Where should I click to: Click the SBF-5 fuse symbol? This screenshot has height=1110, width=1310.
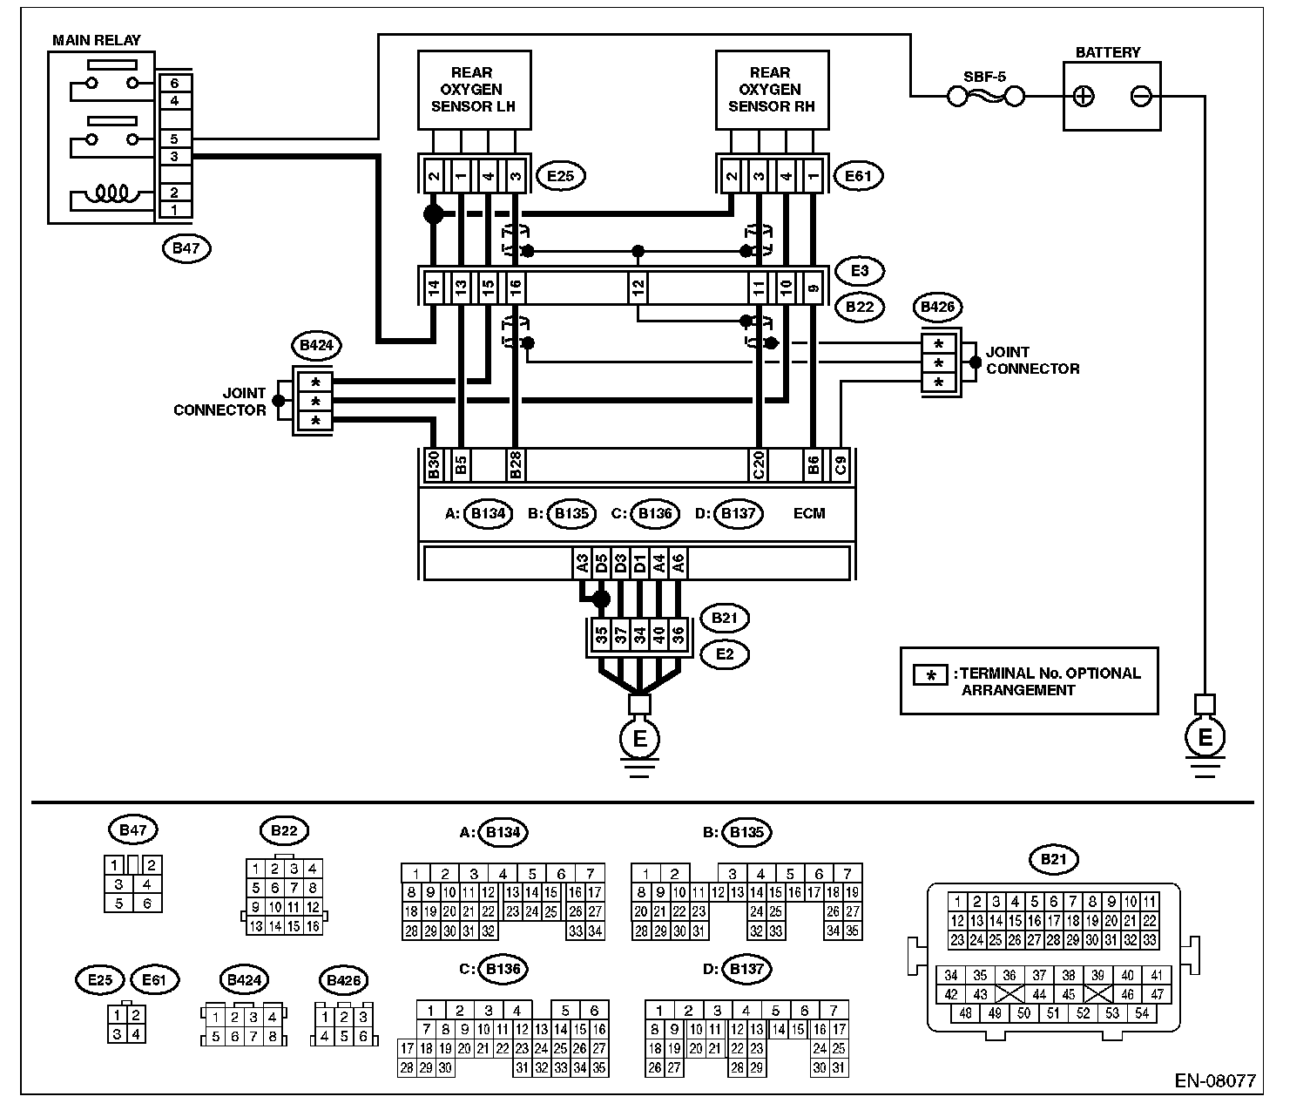pyautogui.click(x=985, y=97)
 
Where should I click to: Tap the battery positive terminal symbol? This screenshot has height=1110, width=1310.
pyautogui.click(x=1083, y=96)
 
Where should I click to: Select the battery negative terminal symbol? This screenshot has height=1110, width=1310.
pyautogui.click(x=1141, y=96)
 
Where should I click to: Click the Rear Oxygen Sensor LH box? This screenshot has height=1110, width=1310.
pyautogui.click(x=473, y=90)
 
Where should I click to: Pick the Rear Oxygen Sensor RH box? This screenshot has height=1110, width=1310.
pyautogui.click(x=770, y=90)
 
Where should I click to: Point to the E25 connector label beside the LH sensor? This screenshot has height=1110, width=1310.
pyautogui.click(x=560, y=176)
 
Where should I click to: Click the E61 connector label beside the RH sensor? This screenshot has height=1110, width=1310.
pyautogui.click(x=858, y=176)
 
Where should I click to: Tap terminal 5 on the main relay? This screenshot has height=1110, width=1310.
pyautogui.click(x=174, y=139)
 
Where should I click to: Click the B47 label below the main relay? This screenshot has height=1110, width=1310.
pyautogui.click(x=186, y=248)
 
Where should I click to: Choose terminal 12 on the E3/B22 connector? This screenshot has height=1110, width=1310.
pyautogui.click(x=638, y=285)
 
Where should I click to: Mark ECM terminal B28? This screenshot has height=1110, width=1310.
pyautogui.click(x=515, y=465)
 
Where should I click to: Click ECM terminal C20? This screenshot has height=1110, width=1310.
pyautogui.click(x=758, y=465)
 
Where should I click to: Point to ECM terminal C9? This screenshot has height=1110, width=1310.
pyautogui.click(x=840, y=465)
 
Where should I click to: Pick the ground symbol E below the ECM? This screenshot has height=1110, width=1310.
pyautogui.click(x=639, y=739)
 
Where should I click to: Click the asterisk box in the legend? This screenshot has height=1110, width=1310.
pyautogui.click(x=931, y=675)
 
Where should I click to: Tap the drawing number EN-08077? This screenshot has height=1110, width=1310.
pyautogui.click(x=1214, y=1080)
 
